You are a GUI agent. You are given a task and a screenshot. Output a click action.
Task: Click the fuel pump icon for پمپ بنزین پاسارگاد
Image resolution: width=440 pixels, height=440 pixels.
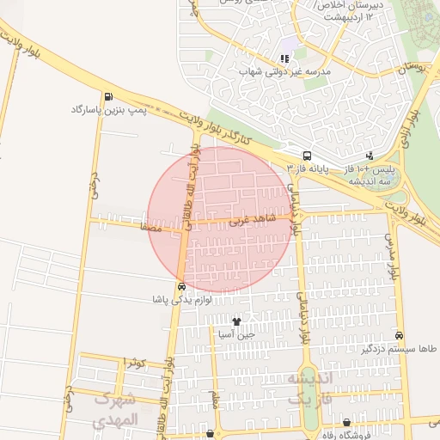click(x=107, y=96)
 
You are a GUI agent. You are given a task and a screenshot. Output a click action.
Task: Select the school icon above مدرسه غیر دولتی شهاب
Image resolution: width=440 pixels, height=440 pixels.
click(x=284, y=59)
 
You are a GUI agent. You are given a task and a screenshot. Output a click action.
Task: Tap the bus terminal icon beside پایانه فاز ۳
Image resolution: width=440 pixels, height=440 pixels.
click(x=307, y=156)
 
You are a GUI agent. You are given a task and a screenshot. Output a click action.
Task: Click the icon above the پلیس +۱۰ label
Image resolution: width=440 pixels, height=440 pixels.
click(x=369, y=156)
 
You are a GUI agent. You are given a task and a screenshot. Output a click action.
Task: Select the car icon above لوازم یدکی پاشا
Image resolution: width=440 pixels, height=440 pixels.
click(x=180, y=287)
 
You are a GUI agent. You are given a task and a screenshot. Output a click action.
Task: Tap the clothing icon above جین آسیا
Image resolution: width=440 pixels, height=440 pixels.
click(x=237, y=321)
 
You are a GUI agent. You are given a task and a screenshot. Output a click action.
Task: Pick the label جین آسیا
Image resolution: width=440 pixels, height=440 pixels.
click(x=237, y=334)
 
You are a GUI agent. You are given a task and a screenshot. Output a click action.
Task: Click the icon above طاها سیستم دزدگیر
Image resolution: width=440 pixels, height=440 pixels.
click(x=400, y=334)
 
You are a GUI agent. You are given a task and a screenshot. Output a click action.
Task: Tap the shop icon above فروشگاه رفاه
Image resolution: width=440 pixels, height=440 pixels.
click(x=346, y=423)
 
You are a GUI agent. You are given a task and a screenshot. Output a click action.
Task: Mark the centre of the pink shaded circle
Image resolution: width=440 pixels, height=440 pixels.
click(x=220, y=220)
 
